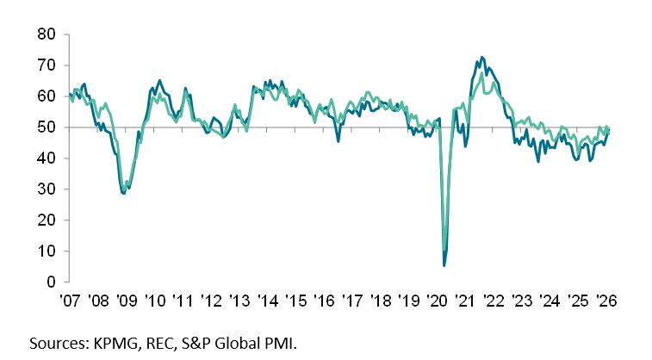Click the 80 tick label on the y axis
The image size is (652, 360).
point(46,34)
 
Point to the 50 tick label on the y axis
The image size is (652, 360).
point(46,127)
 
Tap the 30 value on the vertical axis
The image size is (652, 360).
point(46,189)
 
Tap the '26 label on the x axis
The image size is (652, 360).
point(605,302)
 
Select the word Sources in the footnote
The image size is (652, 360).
point(58,344)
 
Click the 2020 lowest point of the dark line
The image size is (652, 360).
point(444,264)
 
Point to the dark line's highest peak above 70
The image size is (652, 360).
point(481,58)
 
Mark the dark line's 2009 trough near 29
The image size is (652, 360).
point(124,193)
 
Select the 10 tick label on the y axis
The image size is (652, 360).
point(46,251)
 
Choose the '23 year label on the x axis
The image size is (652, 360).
point(522,302)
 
